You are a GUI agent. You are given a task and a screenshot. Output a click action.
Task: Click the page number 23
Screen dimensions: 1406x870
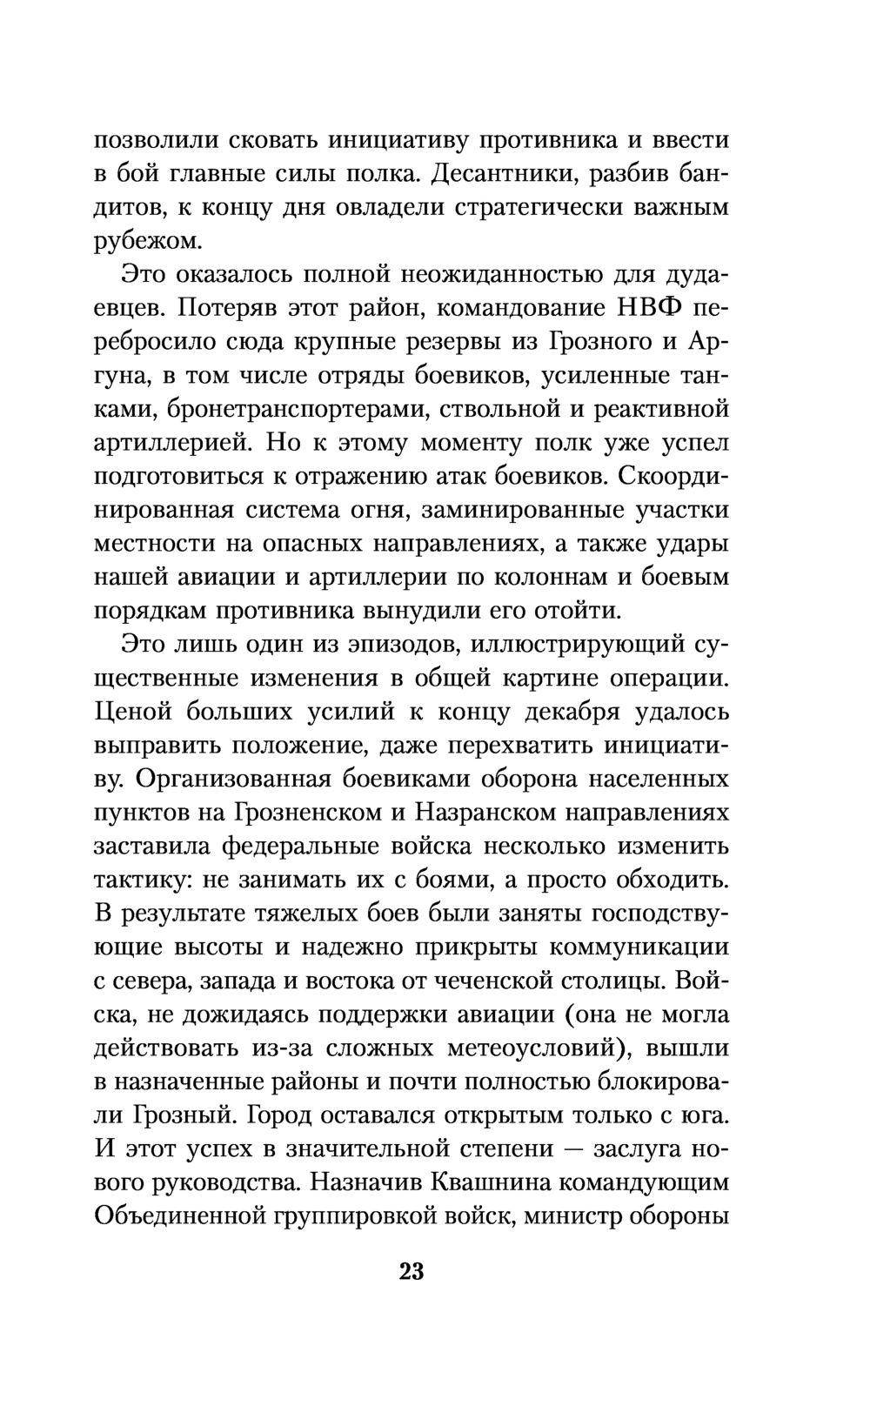click(x=412, y=1272)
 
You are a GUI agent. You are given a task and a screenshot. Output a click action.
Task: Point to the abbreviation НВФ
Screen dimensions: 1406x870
click(x=633, y=308)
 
